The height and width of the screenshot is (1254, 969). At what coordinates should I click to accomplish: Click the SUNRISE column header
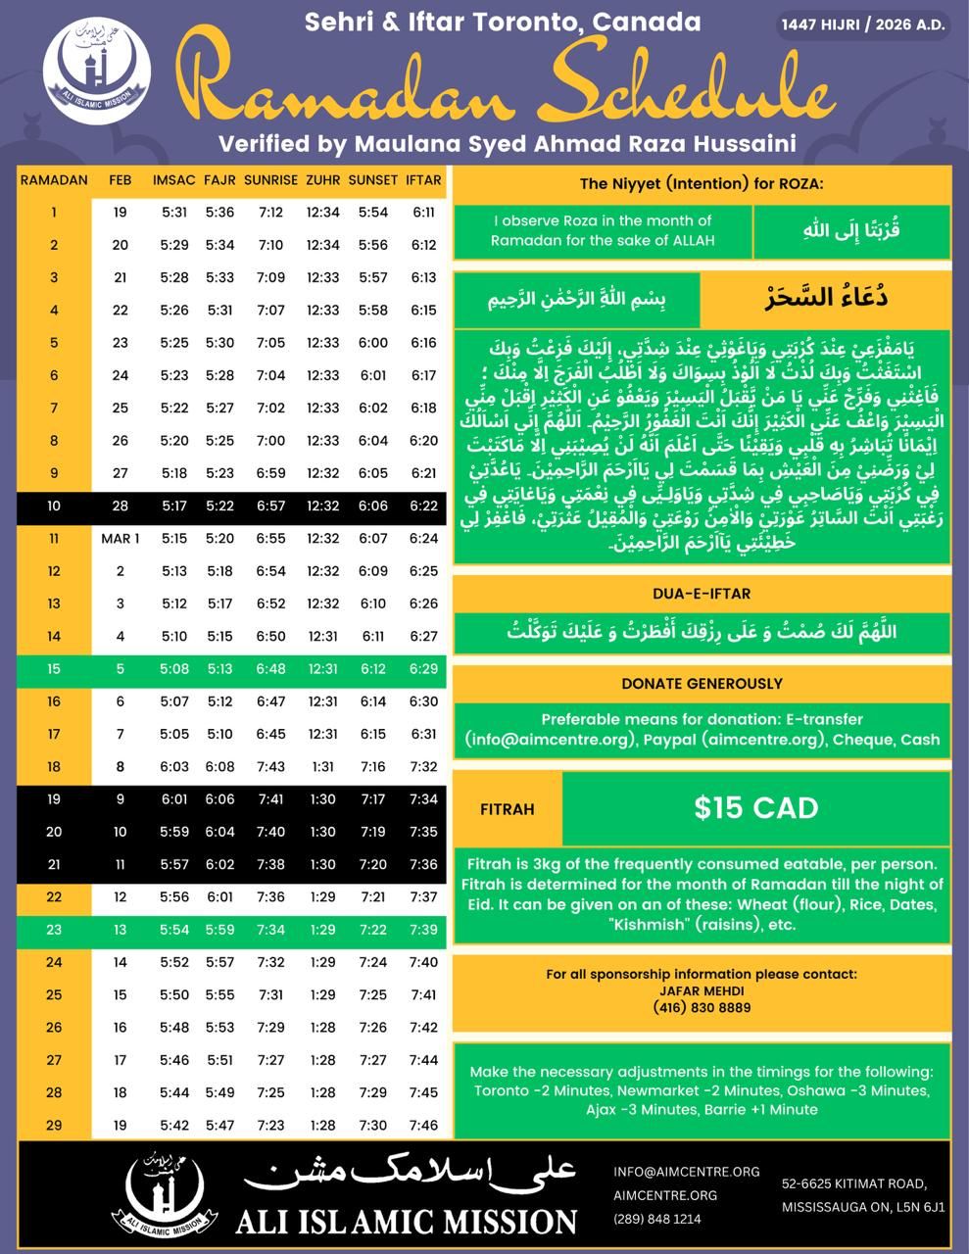(270, 180)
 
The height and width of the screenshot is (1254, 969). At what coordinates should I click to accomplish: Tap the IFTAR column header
(423, 180)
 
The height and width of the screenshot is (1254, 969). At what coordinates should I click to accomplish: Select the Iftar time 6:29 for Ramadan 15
(423, 669)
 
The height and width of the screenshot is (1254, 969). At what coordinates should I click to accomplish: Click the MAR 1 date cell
(121, 539)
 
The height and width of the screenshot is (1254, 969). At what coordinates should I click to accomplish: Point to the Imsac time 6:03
(174, 767)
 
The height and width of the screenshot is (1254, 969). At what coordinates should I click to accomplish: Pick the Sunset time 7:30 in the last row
(373, 1126)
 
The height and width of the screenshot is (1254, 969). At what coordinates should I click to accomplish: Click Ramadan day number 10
(54, 506)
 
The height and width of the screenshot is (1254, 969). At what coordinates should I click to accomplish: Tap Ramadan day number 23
(54, 930)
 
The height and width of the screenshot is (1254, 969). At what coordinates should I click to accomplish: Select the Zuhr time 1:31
(322, 767)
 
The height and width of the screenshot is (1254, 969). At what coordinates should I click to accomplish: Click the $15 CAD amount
(755, 808)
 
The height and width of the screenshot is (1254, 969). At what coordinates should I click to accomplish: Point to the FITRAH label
(508, 810)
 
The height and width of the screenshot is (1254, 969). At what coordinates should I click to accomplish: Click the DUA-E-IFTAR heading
(702, 594)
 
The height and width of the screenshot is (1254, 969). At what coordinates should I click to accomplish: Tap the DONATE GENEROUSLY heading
(702, 684)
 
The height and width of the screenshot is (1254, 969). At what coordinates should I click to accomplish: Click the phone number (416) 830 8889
(702, 1007)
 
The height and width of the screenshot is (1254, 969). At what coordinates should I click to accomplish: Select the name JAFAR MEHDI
(702, 990)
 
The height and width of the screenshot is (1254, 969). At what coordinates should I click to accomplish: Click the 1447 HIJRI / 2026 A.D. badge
(864, 25)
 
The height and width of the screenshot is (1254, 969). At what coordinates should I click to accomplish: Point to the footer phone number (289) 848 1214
(657, 1220)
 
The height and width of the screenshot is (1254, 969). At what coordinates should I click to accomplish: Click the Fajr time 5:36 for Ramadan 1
(219, 213)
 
